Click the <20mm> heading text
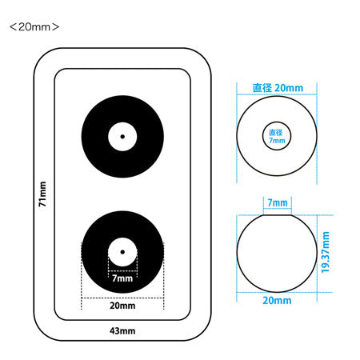click(34, 27)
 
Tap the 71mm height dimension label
click(42, 194)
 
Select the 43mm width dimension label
click(122, 331)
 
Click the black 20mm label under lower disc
click(122, 306)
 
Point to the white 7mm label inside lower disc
click(122, 278)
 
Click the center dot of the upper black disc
click(122, 137)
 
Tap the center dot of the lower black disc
click(122, 252)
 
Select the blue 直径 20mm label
click(278, 88)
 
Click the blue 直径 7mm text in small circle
click(277, 136)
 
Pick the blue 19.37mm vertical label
click(326, 252)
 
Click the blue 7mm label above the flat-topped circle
click(278, 202)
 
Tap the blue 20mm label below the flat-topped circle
click(277, 301)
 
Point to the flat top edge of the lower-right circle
click(277, 214)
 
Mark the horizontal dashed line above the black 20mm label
click(122, 298)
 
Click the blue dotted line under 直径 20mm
click(277, 94)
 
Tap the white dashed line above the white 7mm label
click(122, 271)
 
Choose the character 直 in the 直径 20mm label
click(258, 88)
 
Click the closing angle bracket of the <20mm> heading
click(55, 27)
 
